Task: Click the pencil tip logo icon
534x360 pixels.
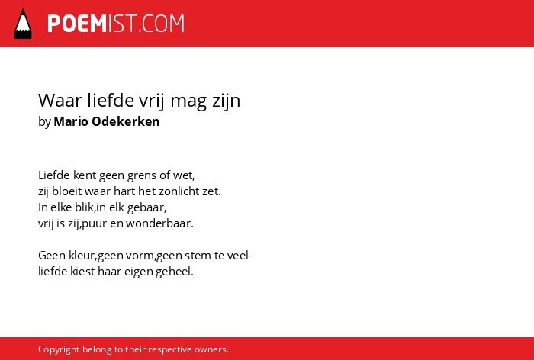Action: pos(23,23)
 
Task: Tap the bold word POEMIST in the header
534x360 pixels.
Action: pos(77,24)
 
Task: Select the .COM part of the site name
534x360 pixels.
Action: pos(161,24)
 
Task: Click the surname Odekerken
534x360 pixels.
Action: pos(126,121)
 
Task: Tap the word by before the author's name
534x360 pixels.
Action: pos(44,122)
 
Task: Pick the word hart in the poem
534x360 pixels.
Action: pos(124,191)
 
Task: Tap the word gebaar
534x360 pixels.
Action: pos(146,207)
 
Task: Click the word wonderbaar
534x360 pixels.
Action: pos(159,223)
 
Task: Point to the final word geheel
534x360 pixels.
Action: pos(175,272)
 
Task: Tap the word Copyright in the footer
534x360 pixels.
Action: pos(59,350)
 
